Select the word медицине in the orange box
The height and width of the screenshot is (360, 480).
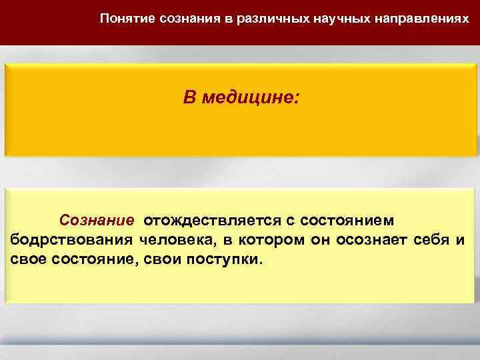tap(252, 99)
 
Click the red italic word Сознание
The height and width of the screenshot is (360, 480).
tap(97, 219)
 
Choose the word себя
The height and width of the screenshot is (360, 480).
tap(430, 239)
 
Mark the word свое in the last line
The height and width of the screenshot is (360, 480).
tap(29, 259)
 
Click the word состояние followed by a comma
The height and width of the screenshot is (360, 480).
tap(93, 259)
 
